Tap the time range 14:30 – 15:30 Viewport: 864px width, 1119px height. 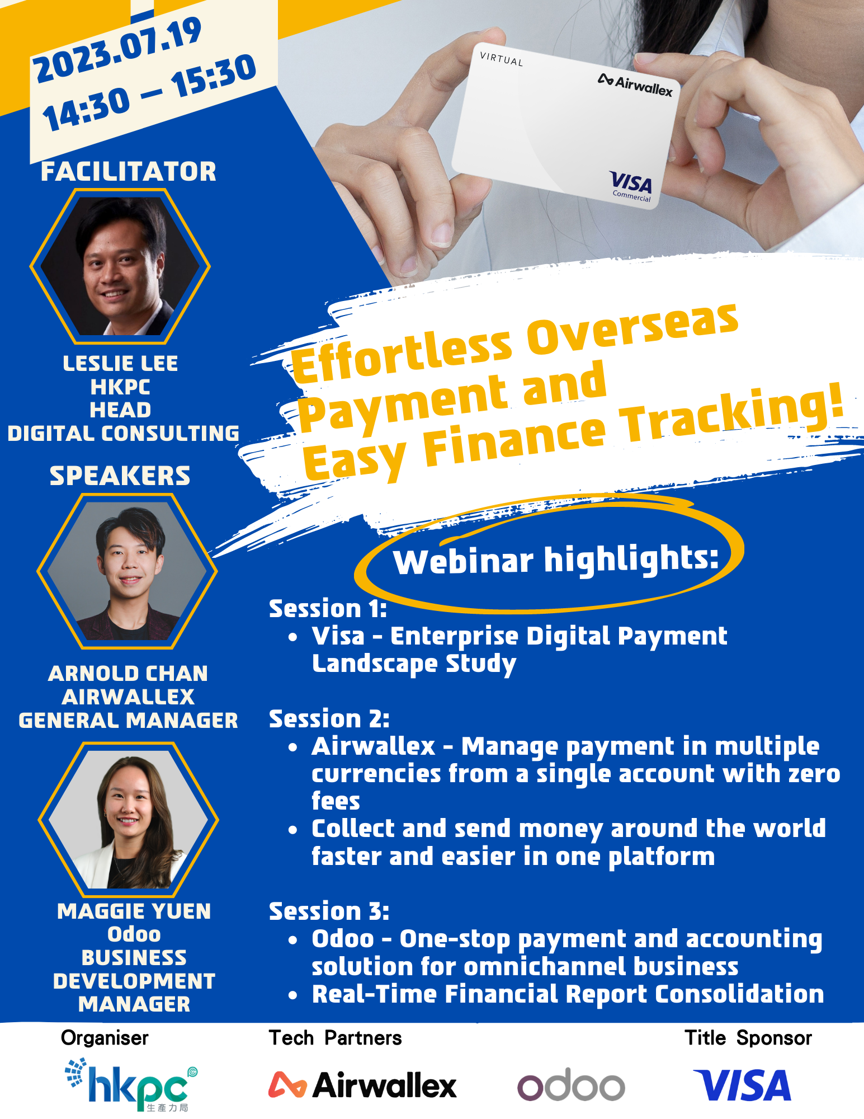pyautogui.click(x=149, y=93)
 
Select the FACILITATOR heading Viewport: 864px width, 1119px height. pyautogui.click(x=128, y=171)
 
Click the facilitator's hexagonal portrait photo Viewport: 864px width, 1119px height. pyautogui.click(x=120, y=266)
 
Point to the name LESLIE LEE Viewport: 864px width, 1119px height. pyautogui.click(x=120, y=364)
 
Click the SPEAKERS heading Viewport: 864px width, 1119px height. pyautogui.click(x=120, y=476)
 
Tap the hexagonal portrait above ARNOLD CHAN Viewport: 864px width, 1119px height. pyautogui.click(x=127, y=571)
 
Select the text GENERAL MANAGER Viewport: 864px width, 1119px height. pyautogui.click(x=128, y=721)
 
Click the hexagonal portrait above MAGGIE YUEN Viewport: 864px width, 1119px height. pyautogui.click(x=128, y=820)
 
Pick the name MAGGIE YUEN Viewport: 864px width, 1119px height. pyautogui.click(x=134, y=911)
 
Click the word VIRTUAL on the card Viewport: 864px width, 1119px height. pyautogui.click(x=501, y=59)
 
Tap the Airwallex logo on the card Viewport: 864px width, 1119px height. pyautogui.click(x=635, y=85)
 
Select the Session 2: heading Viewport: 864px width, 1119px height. pyautogui.click(x=329, y=719)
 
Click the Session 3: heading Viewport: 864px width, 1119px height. pyautogui.click(x=329, y=911)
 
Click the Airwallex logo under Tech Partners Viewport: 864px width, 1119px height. pyautogui.click(x=362, y=1085)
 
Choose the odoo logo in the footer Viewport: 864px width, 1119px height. pyautogui.click(x=571, y=1085)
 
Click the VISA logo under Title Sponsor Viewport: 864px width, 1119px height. pyautogui.click(x=742, y=1085)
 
